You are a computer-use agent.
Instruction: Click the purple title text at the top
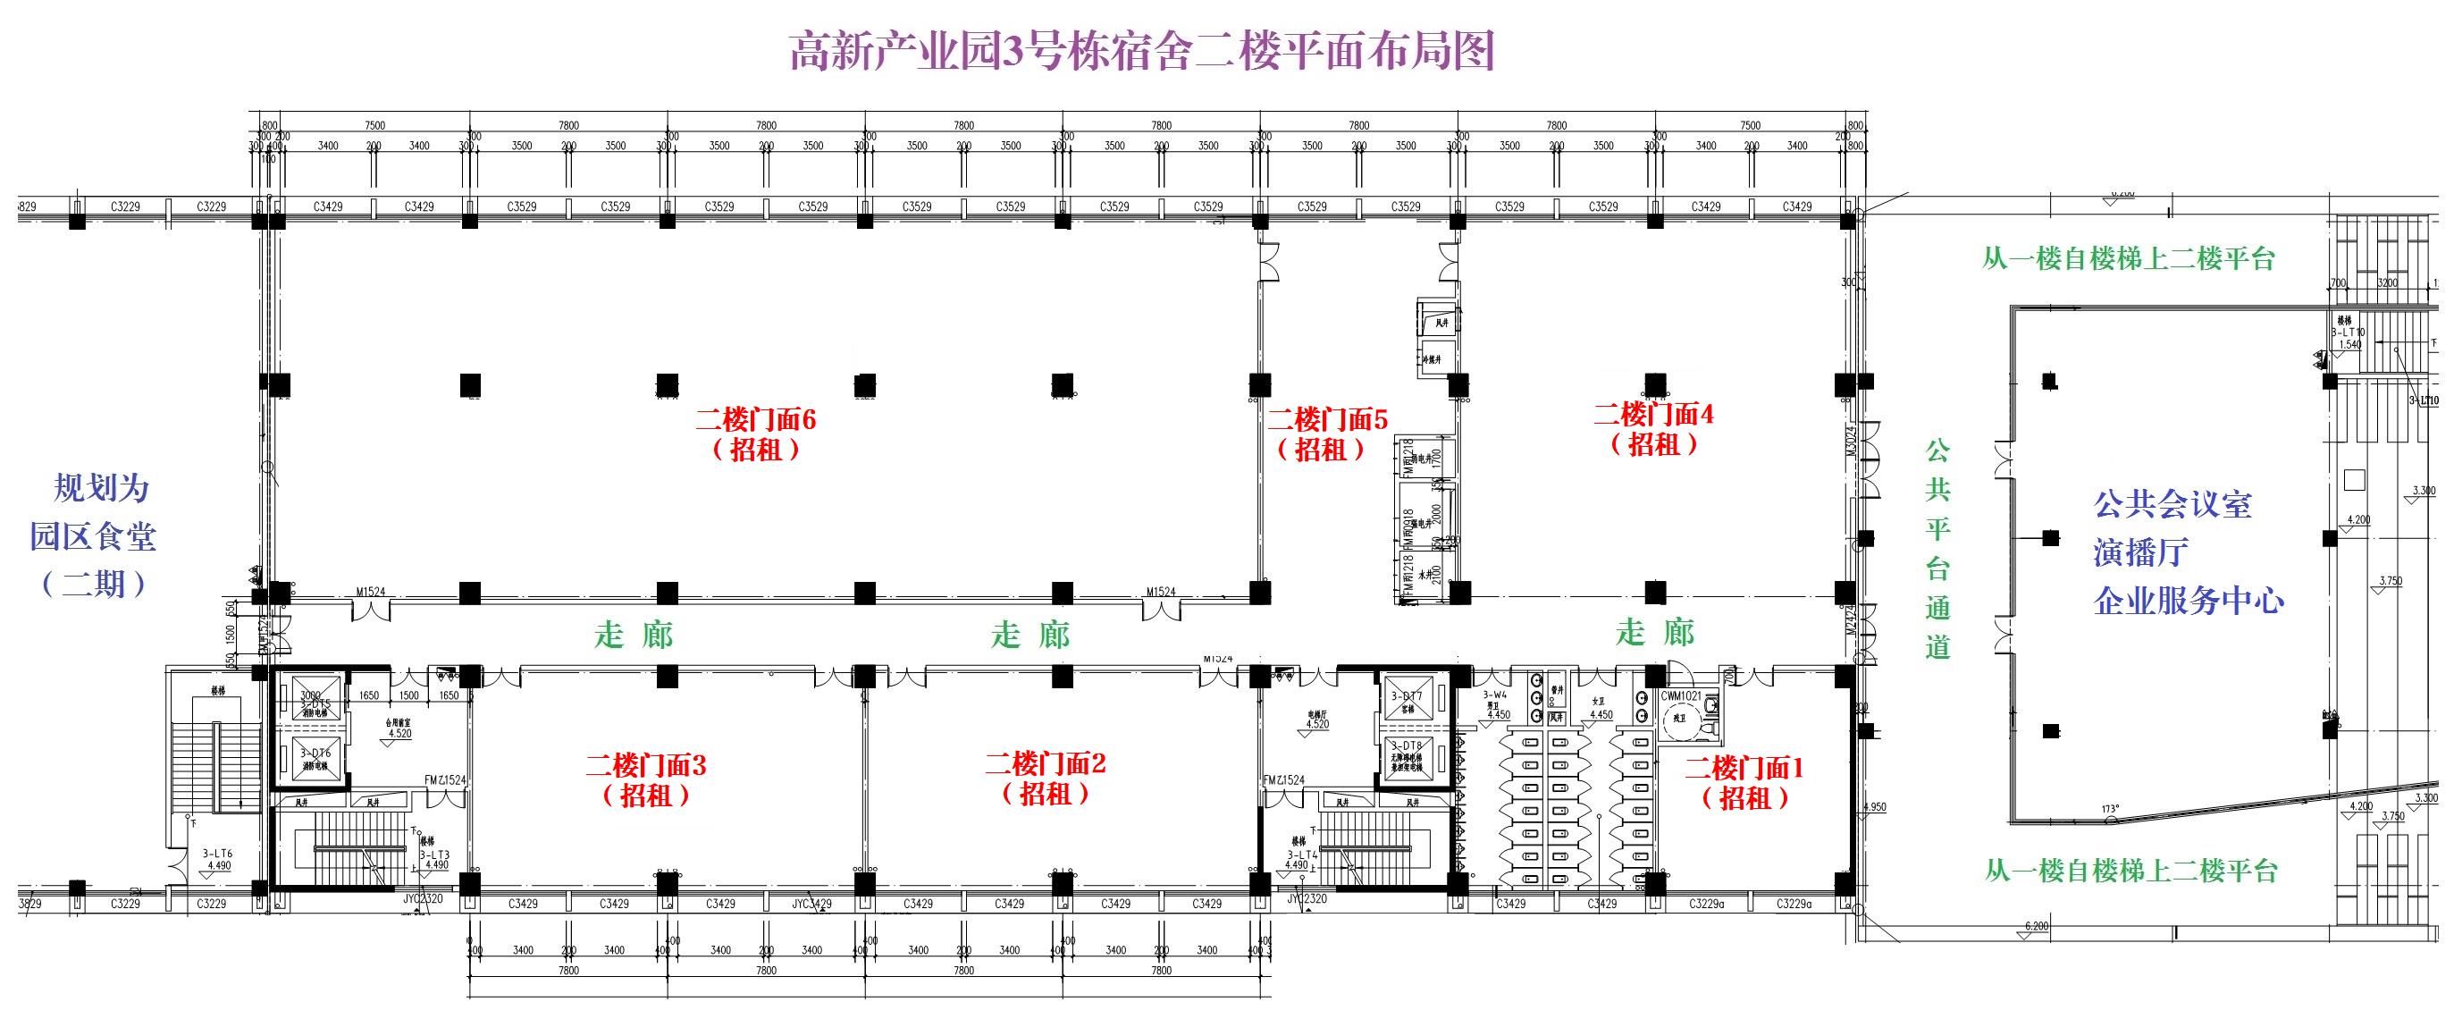click(x=1141, y=49)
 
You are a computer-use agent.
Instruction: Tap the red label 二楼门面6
click(x=755, y=419)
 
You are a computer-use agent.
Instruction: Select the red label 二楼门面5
click(x=1327, y=419)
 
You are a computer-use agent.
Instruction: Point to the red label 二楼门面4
click(x=1654, y=414)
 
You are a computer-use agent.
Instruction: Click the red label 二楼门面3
click(x=646, y=764)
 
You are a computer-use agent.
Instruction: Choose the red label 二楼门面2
click(x=1045, y=762)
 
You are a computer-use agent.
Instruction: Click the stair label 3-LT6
click(x=217, y=855)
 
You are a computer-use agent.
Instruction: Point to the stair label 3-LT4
click(x=1301, y=855)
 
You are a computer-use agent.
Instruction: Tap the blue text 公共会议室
click(x=2172, y=504)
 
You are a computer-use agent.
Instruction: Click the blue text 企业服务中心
click(x=2189, y=601)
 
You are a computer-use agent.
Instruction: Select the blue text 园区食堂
click(x=93, y=536)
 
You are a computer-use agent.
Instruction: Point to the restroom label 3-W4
click(x=1495, y=695)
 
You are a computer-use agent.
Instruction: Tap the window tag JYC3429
click(x=811, y=904)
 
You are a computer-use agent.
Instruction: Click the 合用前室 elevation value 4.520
click(x=400, y=734)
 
